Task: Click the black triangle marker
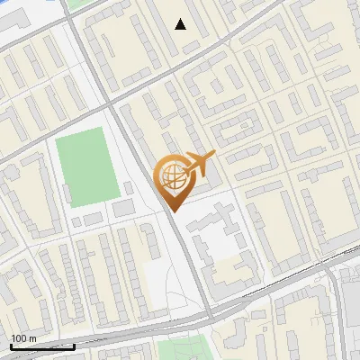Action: pyautogui.click(x=181, y=24)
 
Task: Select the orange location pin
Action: pyautogui.click(x=173, y=180)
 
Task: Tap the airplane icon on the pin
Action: pyautogui.click(x=199, y=164)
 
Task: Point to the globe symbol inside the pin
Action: pyautogui.click(x=171, y=176)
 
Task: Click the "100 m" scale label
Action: pyautogui.click(x=23, y=338)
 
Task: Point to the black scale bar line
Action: pyautogui.click(x=42, y=346)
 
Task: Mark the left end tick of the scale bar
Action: pyautogui.click(x=11, y=345)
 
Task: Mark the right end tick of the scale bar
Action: pyautogui.click(x=74, y=345)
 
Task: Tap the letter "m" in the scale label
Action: pyautogui.click(x=32, y=338)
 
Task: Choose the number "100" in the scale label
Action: pyautogui.click(x=19, y=338)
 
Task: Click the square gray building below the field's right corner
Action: pyautogui.click(x=123, y=209)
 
